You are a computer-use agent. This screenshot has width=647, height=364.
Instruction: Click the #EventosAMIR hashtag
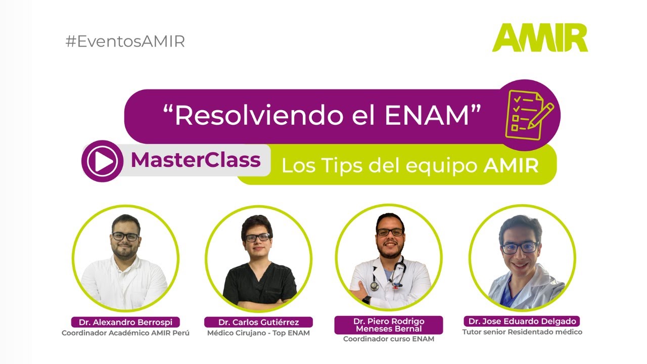pos(125,41)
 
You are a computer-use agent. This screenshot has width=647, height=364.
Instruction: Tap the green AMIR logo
pos(540,38)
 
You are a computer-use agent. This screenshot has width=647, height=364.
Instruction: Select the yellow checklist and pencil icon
pos(528,115)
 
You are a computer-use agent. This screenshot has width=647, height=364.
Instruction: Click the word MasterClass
pos(196,160)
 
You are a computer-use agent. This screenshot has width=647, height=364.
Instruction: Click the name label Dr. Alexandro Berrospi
pos(125,322)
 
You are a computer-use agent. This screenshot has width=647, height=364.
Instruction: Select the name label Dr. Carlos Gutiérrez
pos(258,322)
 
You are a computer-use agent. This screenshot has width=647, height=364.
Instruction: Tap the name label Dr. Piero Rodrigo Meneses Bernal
pos(388,325)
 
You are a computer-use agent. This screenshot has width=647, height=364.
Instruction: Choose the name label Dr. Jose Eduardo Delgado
pos(522,322)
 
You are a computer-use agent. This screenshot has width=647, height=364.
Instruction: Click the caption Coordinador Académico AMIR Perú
pos(125,333)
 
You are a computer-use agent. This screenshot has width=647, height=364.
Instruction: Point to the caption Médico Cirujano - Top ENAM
pos(258,333)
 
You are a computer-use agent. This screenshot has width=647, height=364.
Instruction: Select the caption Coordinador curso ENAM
pos(388,339)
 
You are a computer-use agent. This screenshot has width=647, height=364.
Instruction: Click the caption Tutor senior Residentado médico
pos(522,332)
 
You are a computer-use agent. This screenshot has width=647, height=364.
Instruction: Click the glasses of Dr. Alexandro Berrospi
pos(125,236)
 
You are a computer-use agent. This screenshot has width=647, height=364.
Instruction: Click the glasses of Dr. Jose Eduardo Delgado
pos(519,247)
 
